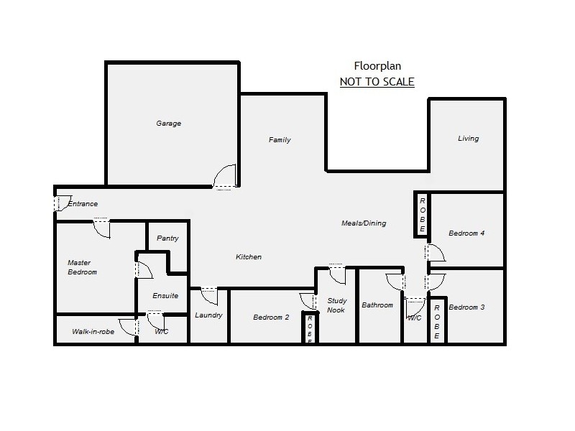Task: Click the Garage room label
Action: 169,124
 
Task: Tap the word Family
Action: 280,140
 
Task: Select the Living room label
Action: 468,139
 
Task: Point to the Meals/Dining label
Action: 363,223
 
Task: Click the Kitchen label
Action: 249,257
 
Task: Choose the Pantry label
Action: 167,238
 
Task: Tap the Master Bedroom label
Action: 82,267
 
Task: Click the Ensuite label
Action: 165,296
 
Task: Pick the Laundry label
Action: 208,315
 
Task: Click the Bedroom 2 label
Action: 271,317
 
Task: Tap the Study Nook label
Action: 336,305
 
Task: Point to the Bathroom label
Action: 377,305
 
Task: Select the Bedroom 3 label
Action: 466,307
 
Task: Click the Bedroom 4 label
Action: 466,233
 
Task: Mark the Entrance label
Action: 82,204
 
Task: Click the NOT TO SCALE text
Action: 377,82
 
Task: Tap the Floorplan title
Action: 377,66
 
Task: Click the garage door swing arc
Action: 226,177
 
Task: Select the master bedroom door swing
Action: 102,228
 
